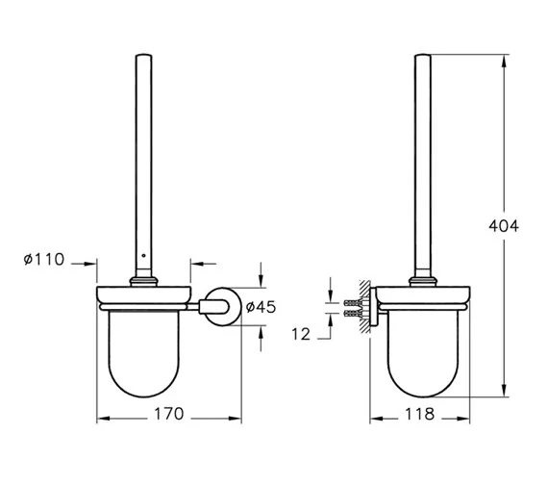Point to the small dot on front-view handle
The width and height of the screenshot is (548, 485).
point(143,257)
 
